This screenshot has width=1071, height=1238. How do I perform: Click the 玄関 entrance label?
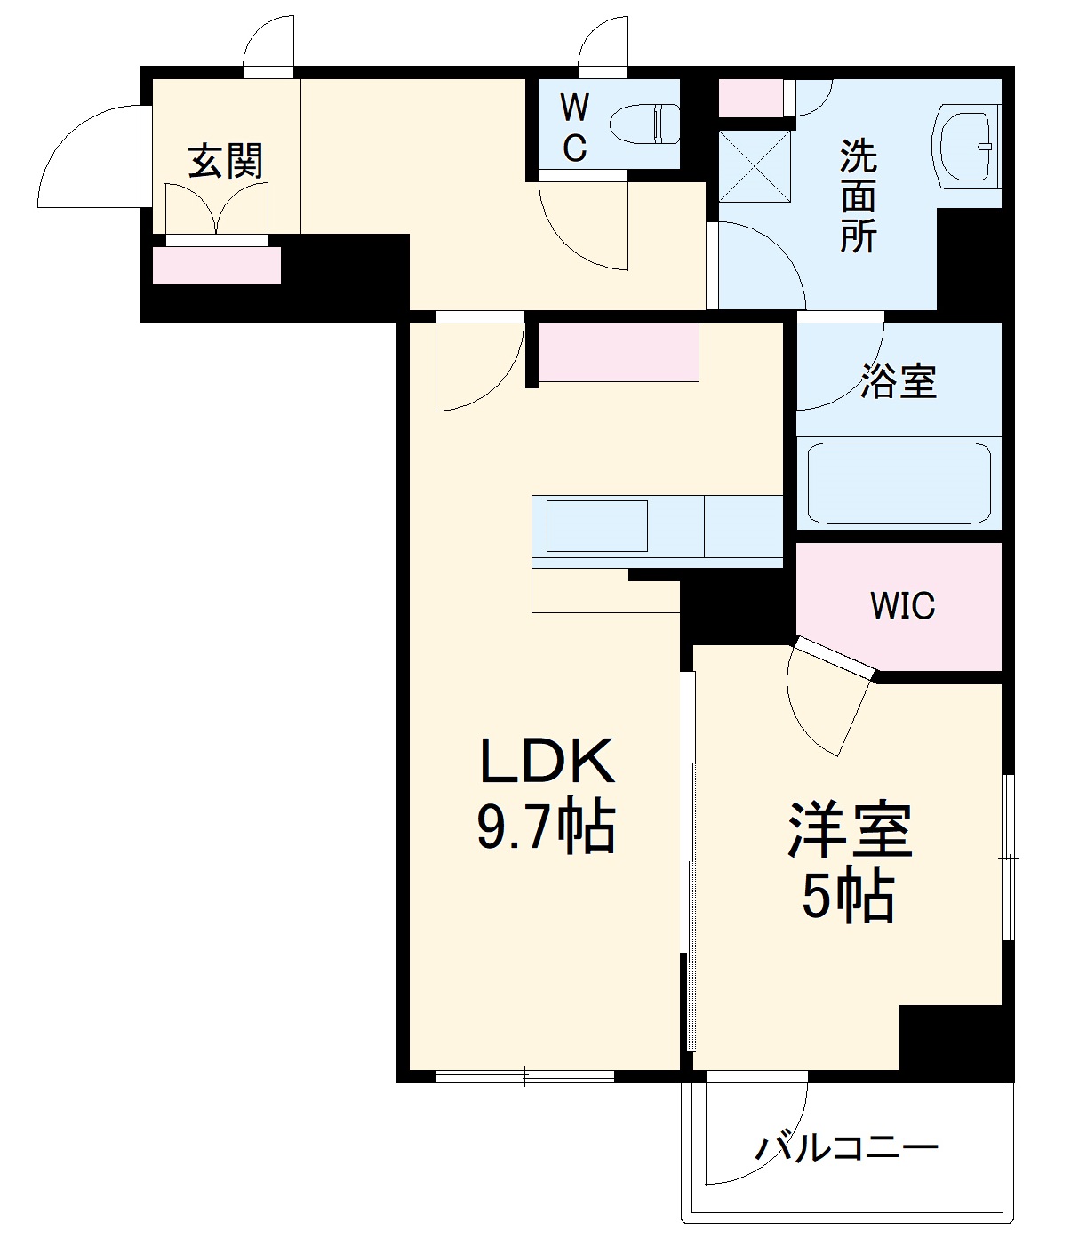(x=226, y=162)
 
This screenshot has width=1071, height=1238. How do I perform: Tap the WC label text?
(x=574, y=129)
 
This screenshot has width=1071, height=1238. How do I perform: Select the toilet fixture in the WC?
(x=646, y=124)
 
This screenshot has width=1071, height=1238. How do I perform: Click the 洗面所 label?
(x=859, y=196)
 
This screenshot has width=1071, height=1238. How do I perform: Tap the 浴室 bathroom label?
(x=899, y=381)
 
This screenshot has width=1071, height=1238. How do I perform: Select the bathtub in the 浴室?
(x=899, y=484)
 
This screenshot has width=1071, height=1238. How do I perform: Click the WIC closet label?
(x=902, y=606)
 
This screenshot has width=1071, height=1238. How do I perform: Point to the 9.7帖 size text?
(x=547, y=828)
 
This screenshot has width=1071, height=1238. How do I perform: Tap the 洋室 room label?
(x=849, y=831)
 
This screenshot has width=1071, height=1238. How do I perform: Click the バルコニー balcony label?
(x=846, y=1148)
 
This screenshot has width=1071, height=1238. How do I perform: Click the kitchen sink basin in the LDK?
(x=596, y=526)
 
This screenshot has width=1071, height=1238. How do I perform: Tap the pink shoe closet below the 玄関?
(x=217, y=266)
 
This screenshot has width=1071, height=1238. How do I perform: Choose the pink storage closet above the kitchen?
(x=618, y=353)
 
